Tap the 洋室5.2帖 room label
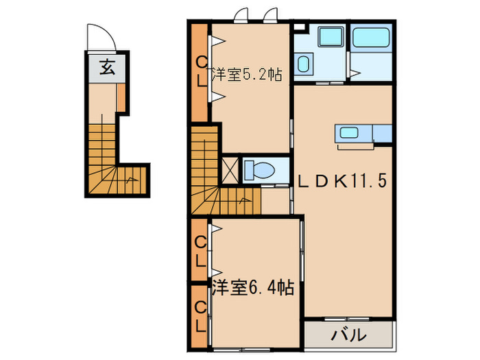tap(247, 75)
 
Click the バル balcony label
tap(348, 336)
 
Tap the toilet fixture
tap(259, 169)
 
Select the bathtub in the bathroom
tap(370, 38)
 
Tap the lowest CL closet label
tap(200, 315)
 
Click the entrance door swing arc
tap(95, 36)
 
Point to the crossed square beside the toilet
tap(231, 169)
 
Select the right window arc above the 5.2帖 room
tap(270, 14)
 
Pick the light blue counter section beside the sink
tap(382, 133)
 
